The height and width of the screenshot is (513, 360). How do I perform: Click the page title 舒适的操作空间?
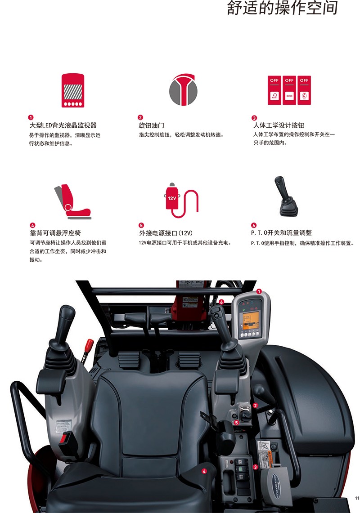282,8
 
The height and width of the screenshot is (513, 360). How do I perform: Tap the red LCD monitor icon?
73,90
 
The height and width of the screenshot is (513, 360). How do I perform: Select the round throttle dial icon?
183,89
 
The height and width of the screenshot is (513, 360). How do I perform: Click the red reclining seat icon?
73,201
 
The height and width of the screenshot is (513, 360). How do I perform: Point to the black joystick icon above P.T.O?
286,196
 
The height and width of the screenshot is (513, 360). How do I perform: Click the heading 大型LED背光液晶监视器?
63,125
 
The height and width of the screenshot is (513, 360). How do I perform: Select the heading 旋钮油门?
151,125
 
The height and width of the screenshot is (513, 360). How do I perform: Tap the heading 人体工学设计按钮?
279,125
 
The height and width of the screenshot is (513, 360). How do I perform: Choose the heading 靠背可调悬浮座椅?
55,233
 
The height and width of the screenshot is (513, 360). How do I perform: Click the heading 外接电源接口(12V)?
166,233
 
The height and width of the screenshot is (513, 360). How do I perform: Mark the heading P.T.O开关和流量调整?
281,232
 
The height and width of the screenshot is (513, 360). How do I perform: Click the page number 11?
357,498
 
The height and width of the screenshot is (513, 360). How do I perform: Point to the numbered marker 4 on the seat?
204,471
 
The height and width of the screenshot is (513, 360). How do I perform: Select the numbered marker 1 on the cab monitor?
259,291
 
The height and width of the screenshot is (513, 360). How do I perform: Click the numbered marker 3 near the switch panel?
256,467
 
